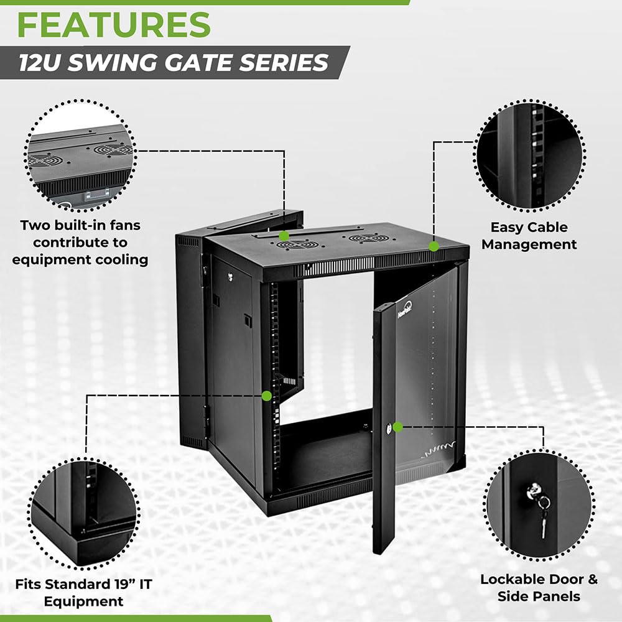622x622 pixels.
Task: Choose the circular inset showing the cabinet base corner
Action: click(x=84, y=510)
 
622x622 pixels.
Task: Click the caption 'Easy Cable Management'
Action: click(x=529, y=236)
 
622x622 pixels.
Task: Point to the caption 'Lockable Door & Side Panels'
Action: click(x=539, y=588)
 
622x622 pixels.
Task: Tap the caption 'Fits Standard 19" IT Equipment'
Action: click(x=83, y=593)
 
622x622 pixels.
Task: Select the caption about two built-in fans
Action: click(x=81, y=242)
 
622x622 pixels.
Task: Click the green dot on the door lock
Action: click(x=398, y=427)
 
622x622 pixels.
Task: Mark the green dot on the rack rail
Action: click(x=267, y=395)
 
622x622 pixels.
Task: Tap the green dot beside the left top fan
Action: click(x=284, y=236)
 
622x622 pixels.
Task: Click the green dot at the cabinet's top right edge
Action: click(x=434, y=246)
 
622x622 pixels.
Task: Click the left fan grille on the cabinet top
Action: click(x=294, y=245)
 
